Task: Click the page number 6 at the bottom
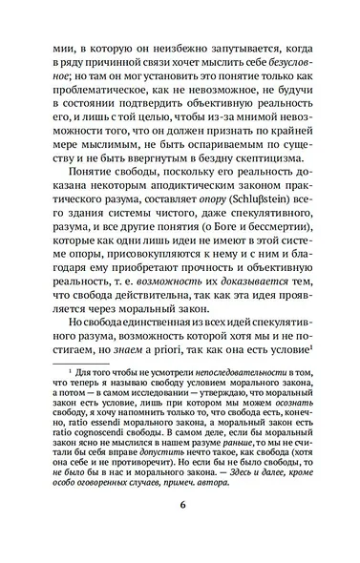coord(180,532)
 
